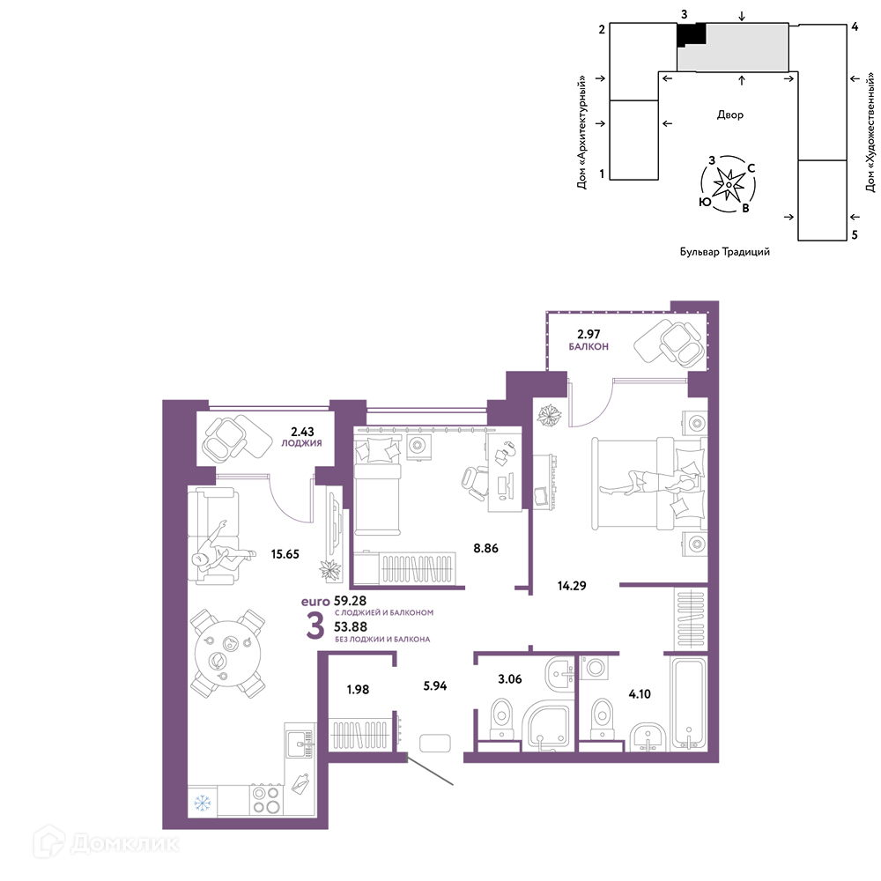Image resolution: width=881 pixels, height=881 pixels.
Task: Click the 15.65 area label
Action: coord(285,554)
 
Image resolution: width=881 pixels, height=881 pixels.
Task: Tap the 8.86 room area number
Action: coord(485,548)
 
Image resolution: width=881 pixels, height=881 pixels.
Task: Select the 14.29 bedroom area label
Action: coord(572,586)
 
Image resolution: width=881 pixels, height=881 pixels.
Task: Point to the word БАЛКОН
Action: coord(589,346)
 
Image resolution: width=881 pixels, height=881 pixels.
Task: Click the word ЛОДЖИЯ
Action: coord(301,443)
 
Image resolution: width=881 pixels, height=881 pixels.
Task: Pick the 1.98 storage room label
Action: coord(358,690)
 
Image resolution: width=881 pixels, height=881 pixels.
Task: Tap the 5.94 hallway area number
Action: coord(435,685)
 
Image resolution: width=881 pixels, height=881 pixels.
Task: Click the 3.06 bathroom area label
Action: coord(509,678)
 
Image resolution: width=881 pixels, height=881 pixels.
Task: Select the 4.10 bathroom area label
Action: coord(640,694)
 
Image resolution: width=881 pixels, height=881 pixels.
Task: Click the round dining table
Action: coord(227,654)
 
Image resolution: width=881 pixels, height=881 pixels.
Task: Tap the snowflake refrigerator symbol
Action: coord(203,803)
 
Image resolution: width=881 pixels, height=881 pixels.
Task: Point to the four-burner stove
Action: coord(266,800)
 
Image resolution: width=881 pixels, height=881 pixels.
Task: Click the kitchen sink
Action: coord(299,744)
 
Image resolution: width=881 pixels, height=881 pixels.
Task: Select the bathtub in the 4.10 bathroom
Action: coord(688,703)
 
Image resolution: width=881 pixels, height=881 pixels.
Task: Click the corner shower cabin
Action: coord(548,725)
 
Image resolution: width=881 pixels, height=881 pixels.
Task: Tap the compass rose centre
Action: coord(729,184)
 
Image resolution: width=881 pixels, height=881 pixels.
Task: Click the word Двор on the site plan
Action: coord(729,115)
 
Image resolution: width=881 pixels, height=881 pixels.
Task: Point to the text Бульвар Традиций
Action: coord(725,252)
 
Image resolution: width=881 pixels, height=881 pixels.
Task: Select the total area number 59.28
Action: coord(350,601)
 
